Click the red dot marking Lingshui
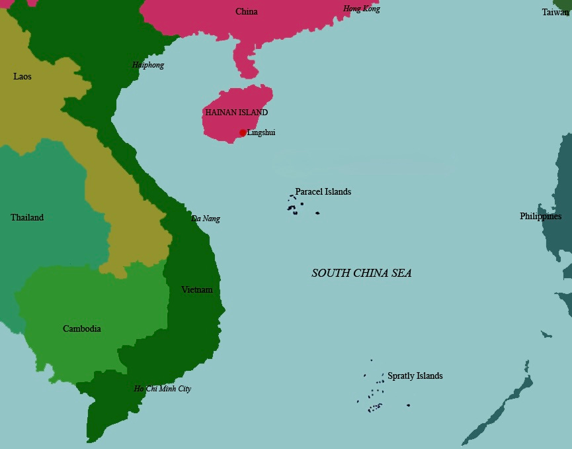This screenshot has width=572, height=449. pyautogui.click(x=243, y=133)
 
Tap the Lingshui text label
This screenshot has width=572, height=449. pyautogui.click(x=261, y=132)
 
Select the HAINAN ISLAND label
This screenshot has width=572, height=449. pyautogui.click(x=237, y=113)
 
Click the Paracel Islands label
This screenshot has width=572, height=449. pyautogui.click(x=323, y=192)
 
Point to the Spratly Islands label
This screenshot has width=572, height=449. pyautogui.click(x=415, y=376)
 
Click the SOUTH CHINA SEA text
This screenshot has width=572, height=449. pyautogui.click(x=361, y=273)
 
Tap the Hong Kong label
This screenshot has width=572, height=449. pyautogui.click(x=361, y=9)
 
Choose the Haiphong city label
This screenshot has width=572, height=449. pyautogui.click(x=148, y=66)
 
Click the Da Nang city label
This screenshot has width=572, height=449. pyautogui.click(x=206, y=219)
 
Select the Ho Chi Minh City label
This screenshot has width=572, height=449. pyautogui.click(x=163, y=389)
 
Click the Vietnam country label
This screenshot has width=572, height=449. pyautogui.click(x=197, y=290)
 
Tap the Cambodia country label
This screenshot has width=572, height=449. pyautogui.click(x=82, y=329)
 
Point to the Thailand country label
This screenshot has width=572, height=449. pyautogui.click(x=27, y=218)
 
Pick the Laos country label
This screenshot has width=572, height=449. pyautogui.click(x=22, y=77)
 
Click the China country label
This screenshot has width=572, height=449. pyautogui.click(x=247, y=12)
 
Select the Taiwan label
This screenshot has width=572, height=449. pyautogui.click(x=555, y=13)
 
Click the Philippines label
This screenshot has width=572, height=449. pyautogui.click(x=540, y=217)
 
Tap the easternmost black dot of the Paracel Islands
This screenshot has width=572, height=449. pyautogui.click(x=317, y=213)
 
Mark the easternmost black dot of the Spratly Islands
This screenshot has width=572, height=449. pyautogui.click(x=408, y=405)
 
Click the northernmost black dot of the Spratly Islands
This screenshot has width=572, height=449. pyautogui.click(x=371, y=360)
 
